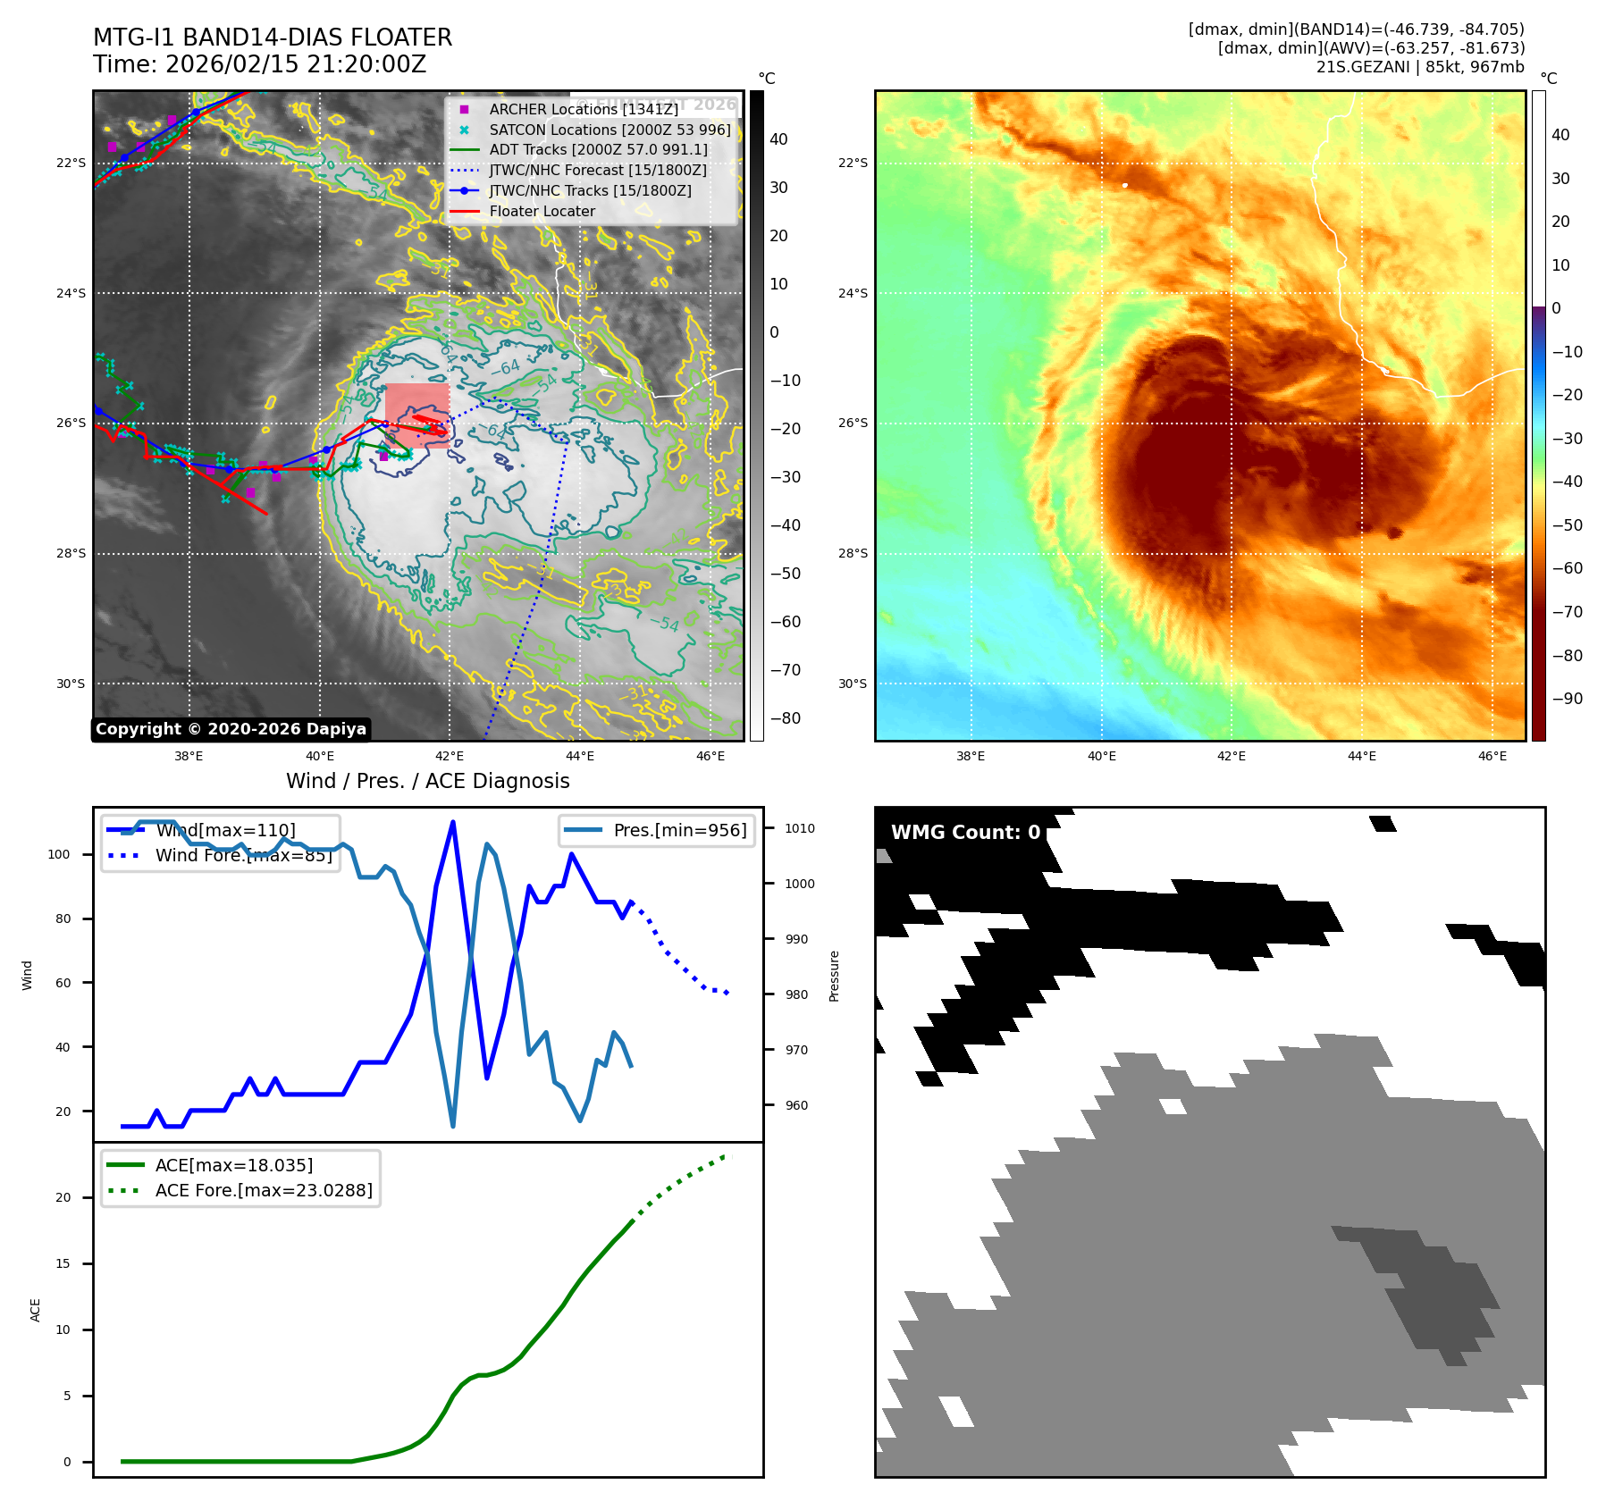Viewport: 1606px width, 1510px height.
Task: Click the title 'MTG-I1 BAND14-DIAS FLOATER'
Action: (273, 38)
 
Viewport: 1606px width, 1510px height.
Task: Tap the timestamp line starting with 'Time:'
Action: (259, 64)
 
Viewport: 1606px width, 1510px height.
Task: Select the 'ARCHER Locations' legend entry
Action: (584, 109)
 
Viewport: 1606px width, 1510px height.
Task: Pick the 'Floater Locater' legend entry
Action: (542, 212)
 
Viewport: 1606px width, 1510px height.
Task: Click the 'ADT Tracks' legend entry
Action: (598, 150)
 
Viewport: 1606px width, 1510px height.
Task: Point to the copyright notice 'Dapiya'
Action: (231, 729)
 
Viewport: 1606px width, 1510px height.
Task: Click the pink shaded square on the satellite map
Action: (416, 404)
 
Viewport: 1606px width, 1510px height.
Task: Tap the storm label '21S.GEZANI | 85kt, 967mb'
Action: (1420, 67)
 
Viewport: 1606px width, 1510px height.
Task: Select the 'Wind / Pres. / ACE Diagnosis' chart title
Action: (427, 781)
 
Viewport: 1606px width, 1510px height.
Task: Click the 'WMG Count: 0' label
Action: (965, 833)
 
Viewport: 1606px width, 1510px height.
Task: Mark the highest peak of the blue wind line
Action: (453, 822)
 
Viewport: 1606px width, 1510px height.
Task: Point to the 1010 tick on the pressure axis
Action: (799, 828)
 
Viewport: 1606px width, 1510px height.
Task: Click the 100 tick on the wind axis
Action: (59, 854)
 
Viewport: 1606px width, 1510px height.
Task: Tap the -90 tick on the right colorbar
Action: (1567, 699)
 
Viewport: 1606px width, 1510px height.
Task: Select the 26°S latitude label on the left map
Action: (71, 424)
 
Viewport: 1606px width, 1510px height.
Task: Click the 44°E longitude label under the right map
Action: (1362, 757)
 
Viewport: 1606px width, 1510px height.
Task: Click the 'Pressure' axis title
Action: (834, 976)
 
